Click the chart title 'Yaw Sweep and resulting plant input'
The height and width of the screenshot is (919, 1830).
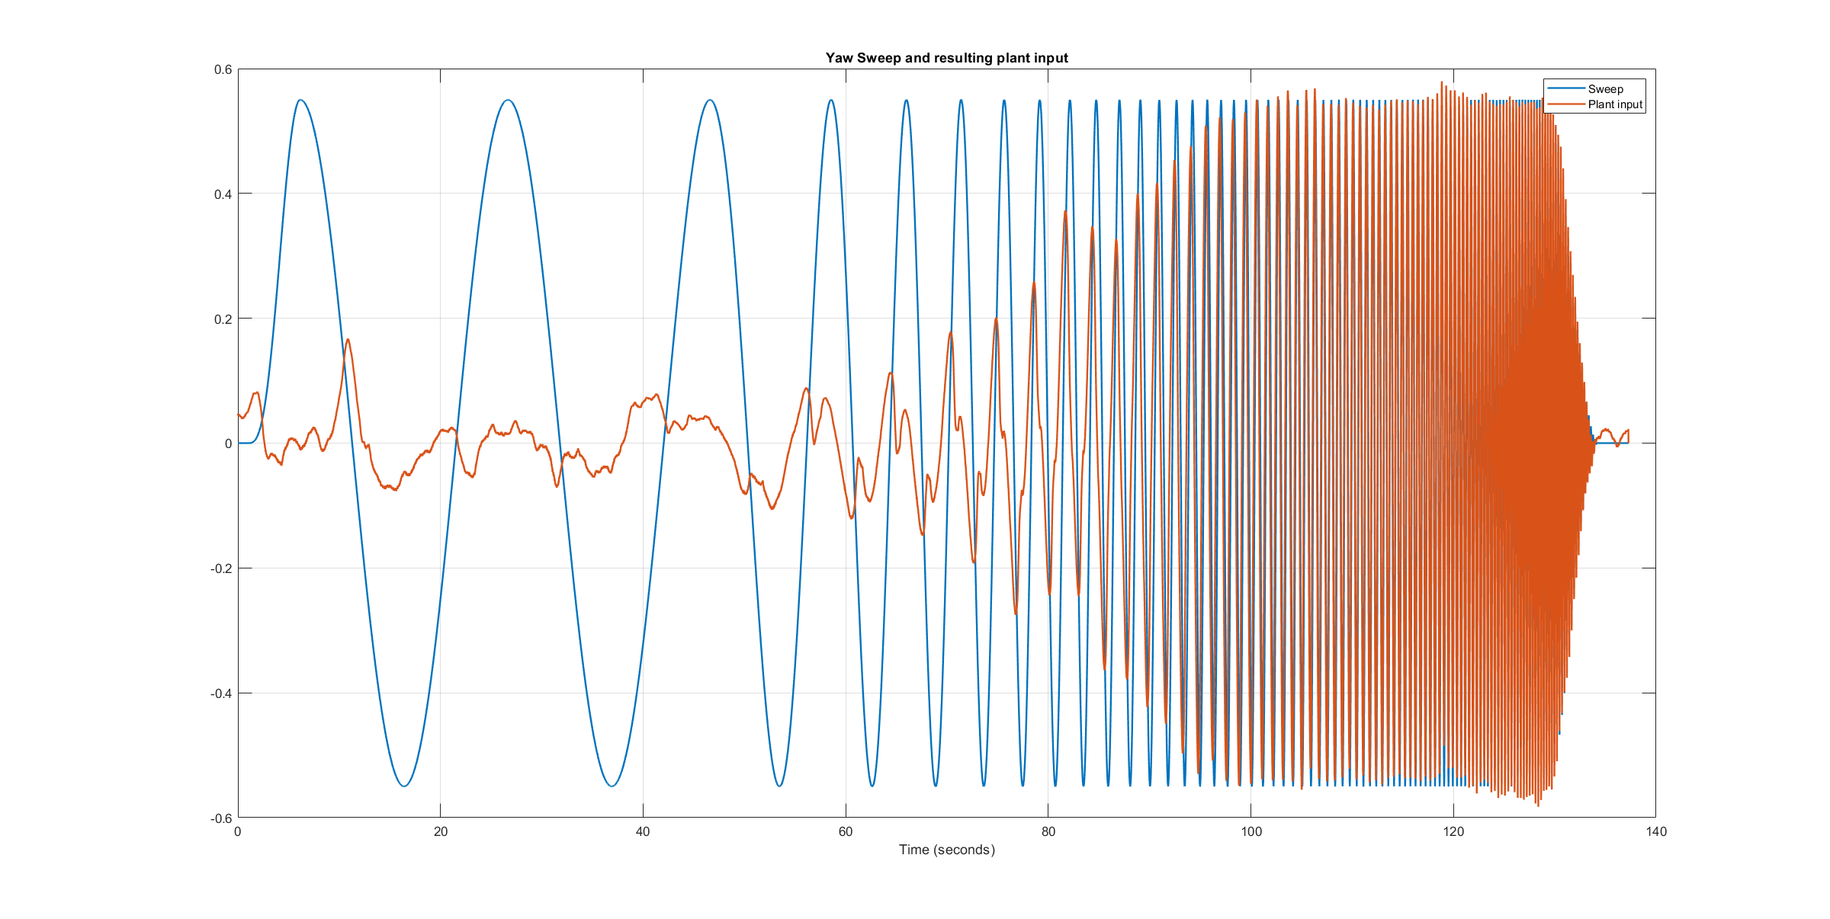(x=946, y=58)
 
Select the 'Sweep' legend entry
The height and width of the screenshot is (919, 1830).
(x=1605, y=89)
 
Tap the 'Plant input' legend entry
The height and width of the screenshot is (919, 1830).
(x=1614, y=104)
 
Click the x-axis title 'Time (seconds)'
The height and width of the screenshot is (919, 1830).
(x=946, y=850)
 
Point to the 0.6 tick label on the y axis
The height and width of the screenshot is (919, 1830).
(x=223, y=69)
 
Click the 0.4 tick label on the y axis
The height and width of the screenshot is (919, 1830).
(x=223, y=194)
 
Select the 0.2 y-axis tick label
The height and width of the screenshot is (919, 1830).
(x=223, y=319)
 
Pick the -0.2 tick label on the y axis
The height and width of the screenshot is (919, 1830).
(x=220, y=568)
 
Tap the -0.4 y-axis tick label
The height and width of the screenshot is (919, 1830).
(x=220, y=693)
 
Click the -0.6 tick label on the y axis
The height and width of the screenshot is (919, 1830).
(x=220, y=818)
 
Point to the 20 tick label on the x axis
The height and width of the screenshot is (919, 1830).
(x=441, y=831)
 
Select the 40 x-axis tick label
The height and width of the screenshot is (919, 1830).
(x=643, y=831)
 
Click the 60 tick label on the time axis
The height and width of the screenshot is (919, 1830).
(x=846, y=831)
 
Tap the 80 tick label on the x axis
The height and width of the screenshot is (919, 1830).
(x=1048, y=831)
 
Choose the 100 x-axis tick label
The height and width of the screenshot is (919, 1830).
(x=1251, y=831)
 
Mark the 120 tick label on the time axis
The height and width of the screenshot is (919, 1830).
(x=1453, y=831)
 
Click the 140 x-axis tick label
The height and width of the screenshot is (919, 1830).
(x=1656, y=831)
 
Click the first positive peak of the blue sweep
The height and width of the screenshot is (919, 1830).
(x=301, y=100)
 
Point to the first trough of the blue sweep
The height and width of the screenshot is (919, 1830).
(x=405, y=786)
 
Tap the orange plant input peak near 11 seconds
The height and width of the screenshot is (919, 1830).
(x=348, y=340)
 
